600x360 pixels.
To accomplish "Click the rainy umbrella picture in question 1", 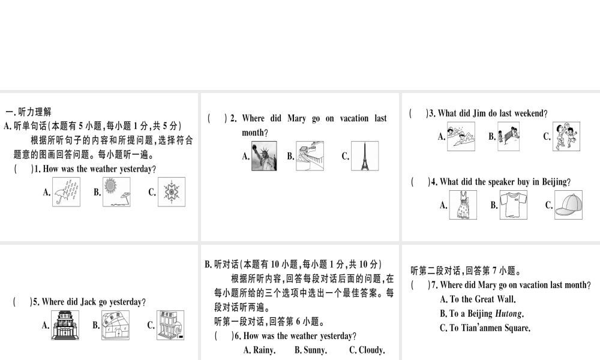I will (x=67, y=192).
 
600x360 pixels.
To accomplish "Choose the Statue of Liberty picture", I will (x=264, y=156).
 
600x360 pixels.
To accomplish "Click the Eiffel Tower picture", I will (x=364, y=156).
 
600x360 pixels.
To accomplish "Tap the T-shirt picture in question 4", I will (x=514, y=205).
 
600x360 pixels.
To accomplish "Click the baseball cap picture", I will (x=568, y=205).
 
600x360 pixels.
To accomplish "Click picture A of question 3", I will (x=461, y=136).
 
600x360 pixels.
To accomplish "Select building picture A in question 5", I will (x=65, y=325).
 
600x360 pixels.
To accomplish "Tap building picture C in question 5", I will (x=170, y=325).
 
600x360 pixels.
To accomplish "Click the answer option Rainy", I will (x=259, y=350).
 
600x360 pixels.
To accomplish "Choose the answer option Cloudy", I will (x=367, y=350).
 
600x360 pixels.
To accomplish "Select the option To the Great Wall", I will (x=478, y=299).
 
